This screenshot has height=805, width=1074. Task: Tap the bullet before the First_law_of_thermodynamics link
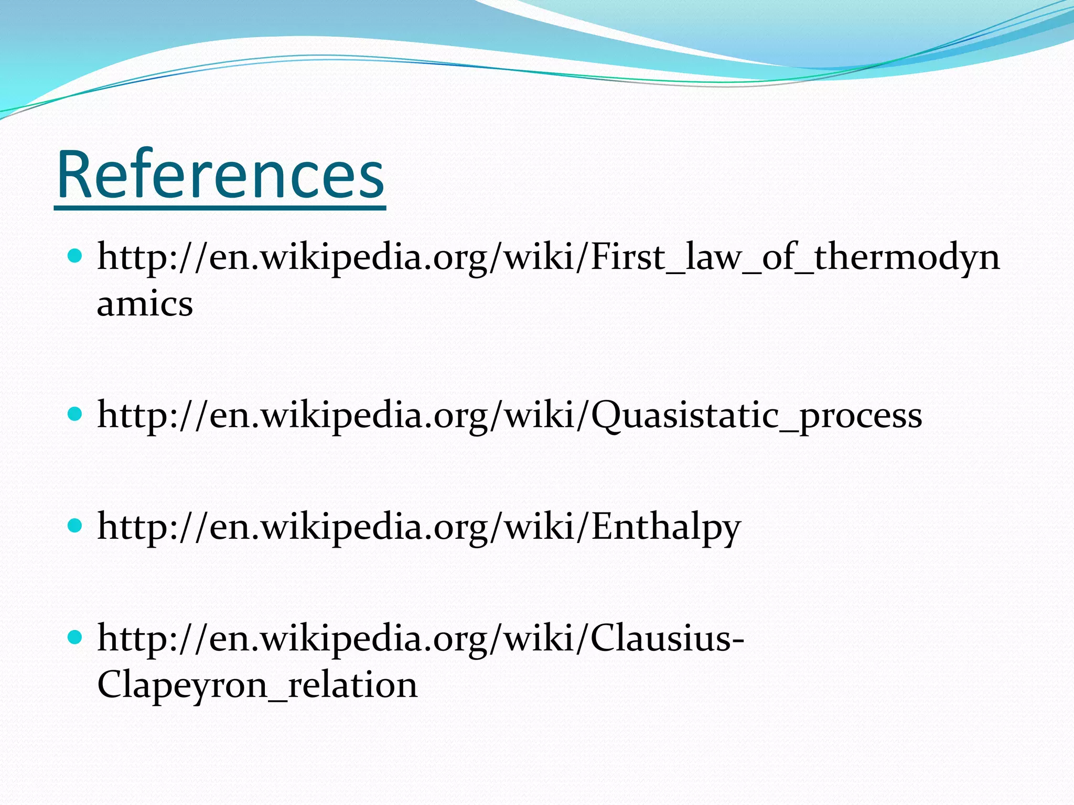pos(76,256)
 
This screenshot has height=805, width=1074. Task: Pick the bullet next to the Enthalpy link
pos(76,526)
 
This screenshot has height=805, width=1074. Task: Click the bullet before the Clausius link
pos(76,637)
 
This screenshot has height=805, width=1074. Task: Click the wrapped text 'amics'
pos(145,303)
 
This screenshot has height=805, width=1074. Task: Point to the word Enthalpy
pos(666,527)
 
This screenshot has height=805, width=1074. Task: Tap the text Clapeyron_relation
pos(257,685)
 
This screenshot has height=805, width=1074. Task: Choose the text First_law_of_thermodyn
pos(795,257)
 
